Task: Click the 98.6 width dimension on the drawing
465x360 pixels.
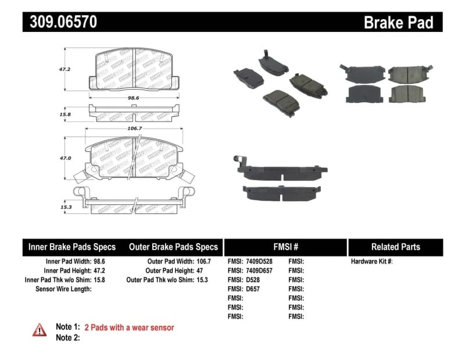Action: pyautogui.click(x=133, y=99)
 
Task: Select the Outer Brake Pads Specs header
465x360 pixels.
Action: pyautogui.click(x=173, y=247)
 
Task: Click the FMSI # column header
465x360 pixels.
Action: pyautogui.click(x=285, y=247)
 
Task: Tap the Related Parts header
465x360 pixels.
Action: pyautogui.click(x=395, y=247)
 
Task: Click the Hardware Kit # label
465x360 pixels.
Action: pyautogui.click(x=372, y=262)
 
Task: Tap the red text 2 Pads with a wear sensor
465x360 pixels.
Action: pyautogui.click(x=129, y=327)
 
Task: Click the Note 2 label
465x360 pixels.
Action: pyautogui.click(x=67, y=337)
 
